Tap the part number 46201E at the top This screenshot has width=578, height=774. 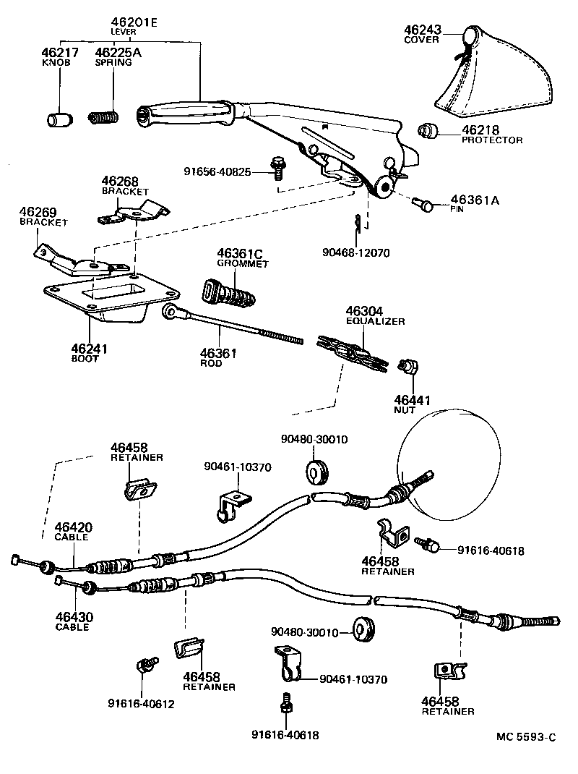click(x=134, y=22)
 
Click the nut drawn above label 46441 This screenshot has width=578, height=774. click(x=410, y=367)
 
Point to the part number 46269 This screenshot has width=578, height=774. click(x=38, y=211)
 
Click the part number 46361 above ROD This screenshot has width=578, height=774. click(x=218, y=353)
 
